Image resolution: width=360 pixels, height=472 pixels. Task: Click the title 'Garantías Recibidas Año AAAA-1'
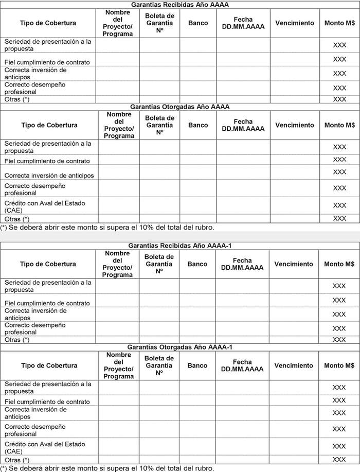pos(179,246)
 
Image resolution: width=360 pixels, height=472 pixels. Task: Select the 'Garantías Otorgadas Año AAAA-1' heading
pos(179,347)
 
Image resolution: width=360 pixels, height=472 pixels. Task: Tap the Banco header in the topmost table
pos(198,23)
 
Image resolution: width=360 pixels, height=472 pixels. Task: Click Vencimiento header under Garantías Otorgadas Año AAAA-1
pos(294,365)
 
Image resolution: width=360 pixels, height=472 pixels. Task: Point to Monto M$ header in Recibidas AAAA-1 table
pos(339,264)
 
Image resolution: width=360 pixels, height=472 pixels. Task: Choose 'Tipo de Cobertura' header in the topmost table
pos(48,23)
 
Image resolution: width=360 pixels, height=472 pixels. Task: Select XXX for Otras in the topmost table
pos(339,99)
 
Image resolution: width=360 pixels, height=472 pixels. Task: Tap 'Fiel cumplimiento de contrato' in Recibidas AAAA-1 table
pos(47,303)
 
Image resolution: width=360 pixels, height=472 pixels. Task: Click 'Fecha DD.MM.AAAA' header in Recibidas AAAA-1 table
pos(242,264)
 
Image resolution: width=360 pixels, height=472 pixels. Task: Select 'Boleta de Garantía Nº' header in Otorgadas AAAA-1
pos(159,365)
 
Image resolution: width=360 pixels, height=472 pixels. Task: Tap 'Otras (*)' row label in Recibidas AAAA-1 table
pos(17,340)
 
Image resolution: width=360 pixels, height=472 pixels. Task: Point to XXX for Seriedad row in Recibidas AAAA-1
pos(339,286)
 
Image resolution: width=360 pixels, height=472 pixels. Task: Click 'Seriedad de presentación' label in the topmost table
pos(47,45)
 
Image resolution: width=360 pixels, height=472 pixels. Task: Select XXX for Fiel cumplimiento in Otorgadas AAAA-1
pos(339,400)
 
